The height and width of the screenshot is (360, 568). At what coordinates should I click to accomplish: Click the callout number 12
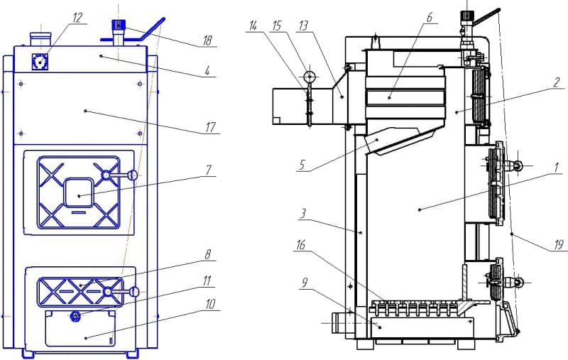(77, 18)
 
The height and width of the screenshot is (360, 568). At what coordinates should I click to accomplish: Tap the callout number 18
(207, 40)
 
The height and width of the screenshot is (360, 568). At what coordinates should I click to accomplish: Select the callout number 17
(210, 128)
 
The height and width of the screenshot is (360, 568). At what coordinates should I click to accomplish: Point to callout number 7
(209, 170)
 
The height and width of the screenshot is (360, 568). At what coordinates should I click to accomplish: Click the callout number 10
(210, 304)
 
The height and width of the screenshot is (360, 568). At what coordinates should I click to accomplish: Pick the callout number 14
(253, 26)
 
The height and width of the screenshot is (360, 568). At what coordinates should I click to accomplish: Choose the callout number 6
(430, 17)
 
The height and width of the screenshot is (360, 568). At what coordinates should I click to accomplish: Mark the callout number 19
(559, 245)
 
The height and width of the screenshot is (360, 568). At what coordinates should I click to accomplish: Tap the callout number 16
(300, 245)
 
